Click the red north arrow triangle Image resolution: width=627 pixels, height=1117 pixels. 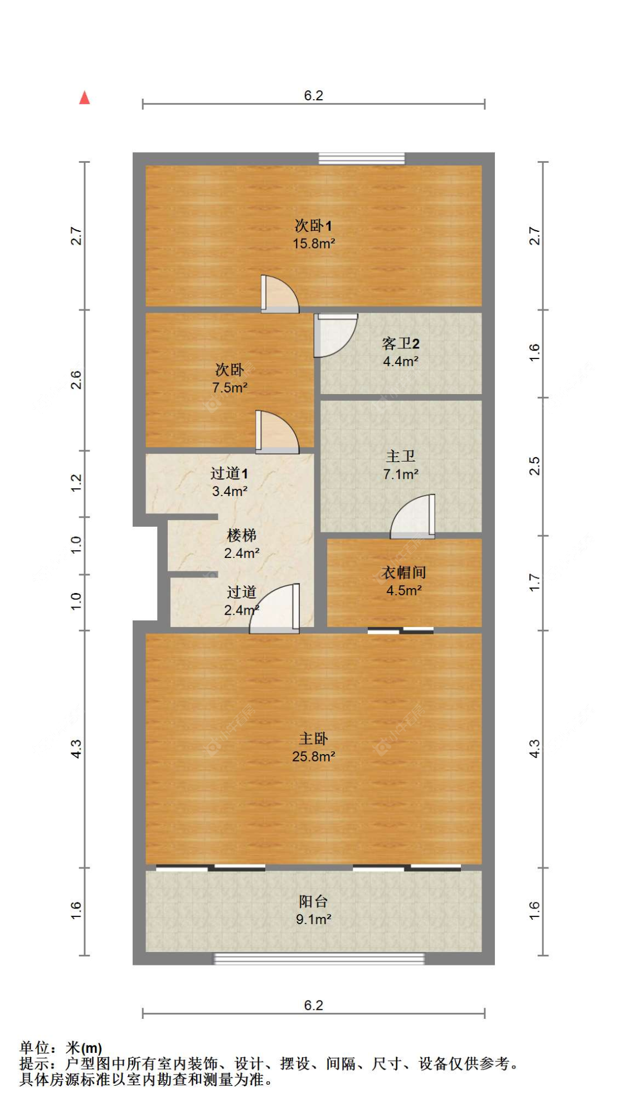click(84, 98)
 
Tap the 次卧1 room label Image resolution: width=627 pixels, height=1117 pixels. click(313, 226)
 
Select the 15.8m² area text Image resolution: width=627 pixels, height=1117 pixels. click(314, 244)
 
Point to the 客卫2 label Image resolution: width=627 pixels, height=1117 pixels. click(400, 343)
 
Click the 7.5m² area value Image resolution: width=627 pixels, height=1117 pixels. click(230, 387)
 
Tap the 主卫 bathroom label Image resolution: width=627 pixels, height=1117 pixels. click(400, 456)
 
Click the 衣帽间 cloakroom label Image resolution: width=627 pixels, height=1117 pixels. click(404, 572)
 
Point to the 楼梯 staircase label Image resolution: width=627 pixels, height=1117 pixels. click(241, 536)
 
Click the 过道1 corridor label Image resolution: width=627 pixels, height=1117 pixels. click(229, 474)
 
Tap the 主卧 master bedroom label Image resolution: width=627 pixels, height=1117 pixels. click(313, 739)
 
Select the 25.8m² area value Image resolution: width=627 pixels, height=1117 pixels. click(313, 757)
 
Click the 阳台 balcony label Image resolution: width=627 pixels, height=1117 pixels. click(313, 901)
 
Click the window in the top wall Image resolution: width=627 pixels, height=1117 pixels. click(361, 159)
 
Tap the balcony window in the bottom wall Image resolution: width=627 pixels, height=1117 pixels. click(319, 959)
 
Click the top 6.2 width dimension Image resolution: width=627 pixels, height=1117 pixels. click(313, 96)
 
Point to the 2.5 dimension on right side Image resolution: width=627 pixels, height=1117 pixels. click(534, 466)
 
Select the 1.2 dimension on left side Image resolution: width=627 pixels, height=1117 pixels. click(76, 483)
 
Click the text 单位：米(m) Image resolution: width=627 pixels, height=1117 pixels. click(61, 1048)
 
